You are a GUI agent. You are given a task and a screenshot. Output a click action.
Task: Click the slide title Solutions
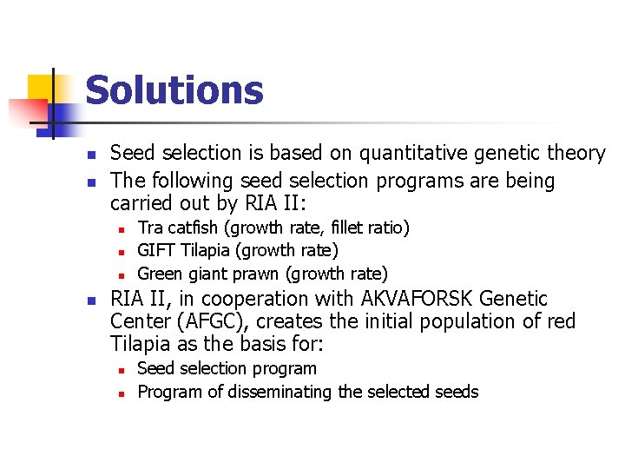coord(174,90)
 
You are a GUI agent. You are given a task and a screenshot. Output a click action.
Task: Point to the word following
coord(191,182)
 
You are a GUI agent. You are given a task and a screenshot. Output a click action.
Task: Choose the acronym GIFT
coord(157,251)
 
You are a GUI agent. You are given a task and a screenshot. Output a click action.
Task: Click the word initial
coord(374,321)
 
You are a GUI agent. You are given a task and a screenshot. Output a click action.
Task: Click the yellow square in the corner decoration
coord(41,88)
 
